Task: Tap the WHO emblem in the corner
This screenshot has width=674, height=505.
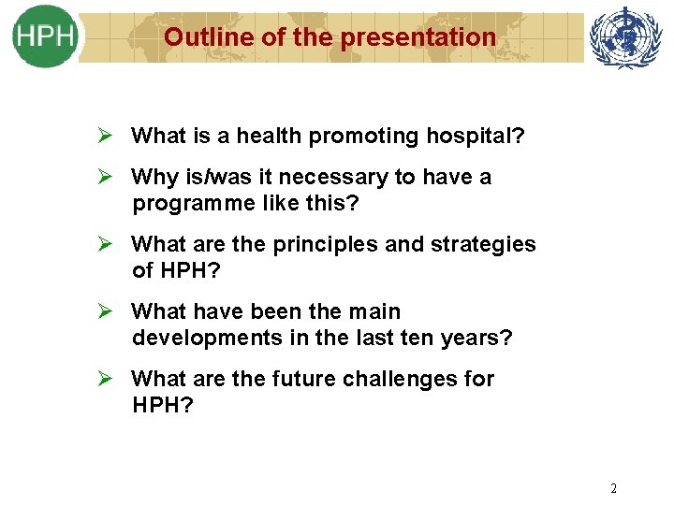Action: [625, 36]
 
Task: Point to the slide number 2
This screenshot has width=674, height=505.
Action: [613, 488]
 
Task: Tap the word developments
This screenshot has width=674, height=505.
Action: [198, 338]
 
